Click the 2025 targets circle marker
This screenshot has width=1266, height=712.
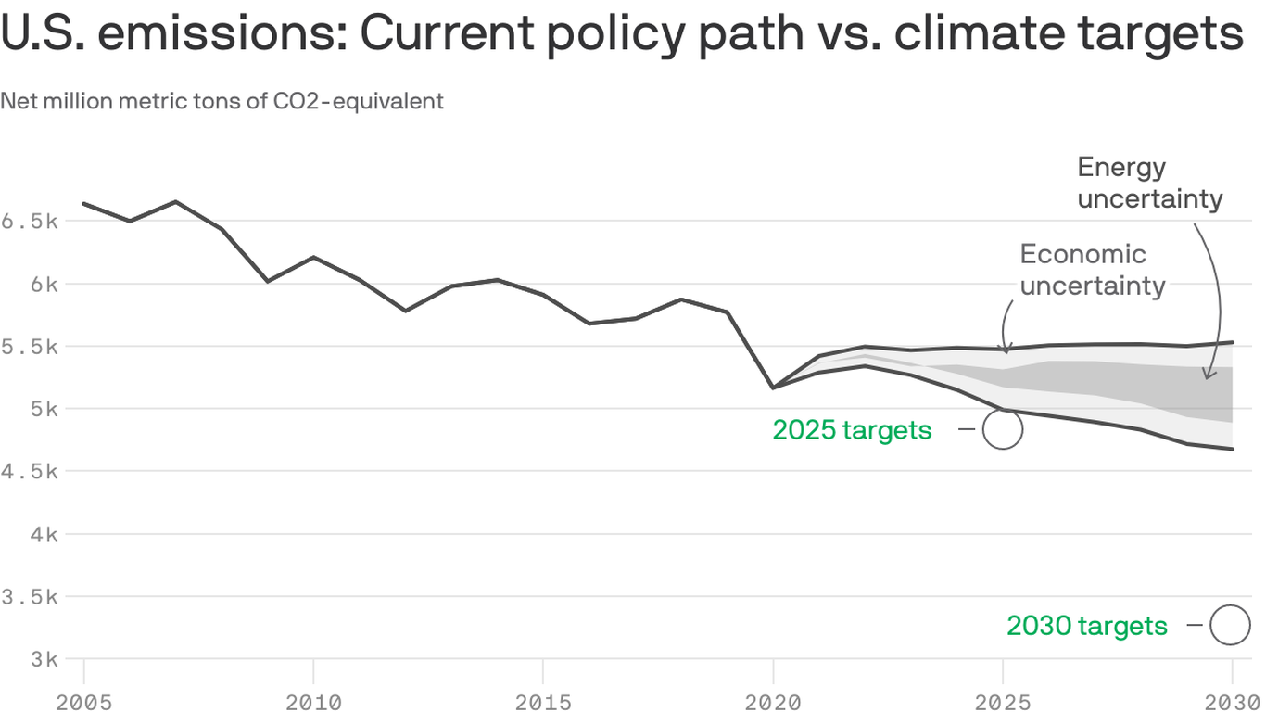(x=1003, y=430)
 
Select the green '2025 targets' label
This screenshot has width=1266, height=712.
(x=852, y=430)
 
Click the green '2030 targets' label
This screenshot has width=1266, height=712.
(x=1087, y=626)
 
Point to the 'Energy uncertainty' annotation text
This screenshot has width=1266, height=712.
(x=1149, y=184)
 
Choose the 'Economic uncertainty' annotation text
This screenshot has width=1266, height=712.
(x=1092, y=270)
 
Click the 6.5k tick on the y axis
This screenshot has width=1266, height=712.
(x=30, y=222)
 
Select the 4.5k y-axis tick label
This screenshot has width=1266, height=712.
(x=30, y=472)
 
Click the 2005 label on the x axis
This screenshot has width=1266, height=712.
(x=83, y=701)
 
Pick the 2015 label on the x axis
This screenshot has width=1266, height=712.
(x=542, y=701)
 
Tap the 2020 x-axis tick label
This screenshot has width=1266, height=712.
(x=773, y=701)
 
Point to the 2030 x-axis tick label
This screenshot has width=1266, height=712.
(x=1231, y=701)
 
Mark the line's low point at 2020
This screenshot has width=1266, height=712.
(x=773, y=388)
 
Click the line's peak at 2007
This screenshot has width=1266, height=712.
(x=176, y=201)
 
